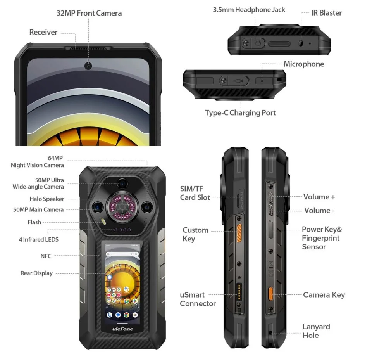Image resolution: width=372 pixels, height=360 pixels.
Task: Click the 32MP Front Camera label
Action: (89, 13)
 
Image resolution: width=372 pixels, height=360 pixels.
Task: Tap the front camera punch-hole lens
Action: (89, 66)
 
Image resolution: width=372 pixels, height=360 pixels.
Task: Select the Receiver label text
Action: (43, 32)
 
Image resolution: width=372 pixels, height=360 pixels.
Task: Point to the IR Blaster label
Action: (327, 12)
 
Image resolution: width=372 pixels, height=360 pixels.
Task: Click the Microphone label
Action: (304, 64)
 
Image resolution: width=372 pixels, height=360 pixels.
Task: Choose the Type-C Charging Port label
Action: (240, 113)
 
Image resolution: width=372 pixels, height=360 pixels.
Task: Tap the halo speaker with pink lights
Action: (122, 206)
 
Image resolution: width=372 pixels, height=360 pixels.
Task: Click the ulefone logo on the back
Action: (122, 329)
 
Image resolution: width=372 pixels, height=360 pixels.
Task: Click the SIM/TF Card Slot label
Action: (195, 193)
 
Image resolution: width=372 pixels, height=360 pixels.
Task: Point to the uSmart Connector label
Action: (198, 299)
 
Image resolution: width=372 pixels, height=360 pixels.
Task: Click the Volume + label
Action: (319, 197)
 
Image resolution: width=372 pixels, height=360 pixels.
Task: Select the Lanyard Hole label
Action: (316, 331)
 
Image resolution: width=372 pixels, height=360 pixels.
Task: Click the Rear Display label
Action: (36, 273)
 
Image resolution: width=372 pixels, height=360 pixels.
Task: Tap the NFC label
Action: (46, 256)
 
